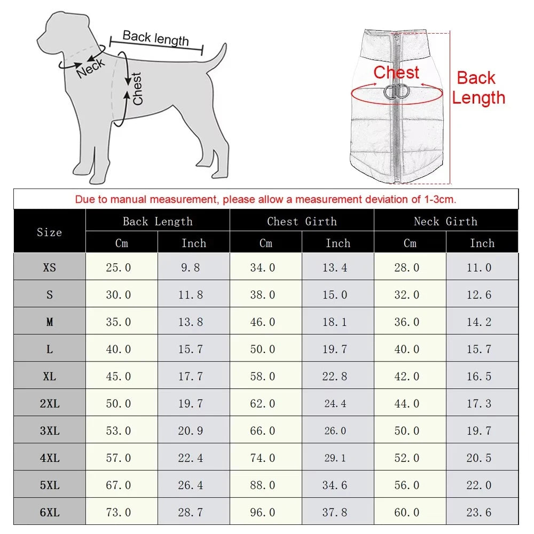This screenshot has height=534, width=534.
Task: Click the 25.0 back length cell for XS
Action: pos(119,268)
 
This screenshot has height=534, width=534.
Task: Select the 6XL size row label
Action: pos(50,513)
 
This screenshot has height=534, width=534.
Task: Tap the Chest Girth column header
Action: pos(302,221)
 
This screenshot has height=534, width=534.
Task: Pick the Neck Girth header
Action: pos(445,221)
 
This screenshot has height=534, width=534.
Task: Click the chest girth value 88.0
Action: pos(263,485)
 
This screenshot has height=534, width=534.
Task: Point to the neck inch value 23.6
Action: pos(479,513)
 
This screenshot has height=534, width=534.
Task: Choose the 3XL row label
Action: pos(50,431)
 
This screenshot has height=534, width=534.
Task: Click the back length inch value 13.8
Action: pos(191,322)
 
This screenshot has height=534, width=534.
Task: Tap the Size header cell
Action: pos(50,232)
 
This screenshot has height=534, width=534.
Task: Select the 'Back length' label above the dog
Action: pos(155,38)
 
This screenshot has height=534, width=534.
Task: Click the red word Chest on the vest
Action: pos(396,72)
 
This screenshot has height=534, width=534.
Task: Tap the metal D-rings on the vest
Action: pos(396,92)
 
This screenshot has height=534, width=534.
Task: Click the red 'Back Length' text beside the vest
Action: pos(477,88)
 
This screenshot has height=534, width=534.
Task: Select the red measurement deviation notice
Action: pos(265,200)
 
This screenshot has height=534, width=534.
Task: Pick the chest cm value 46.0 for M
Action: pos(263,322)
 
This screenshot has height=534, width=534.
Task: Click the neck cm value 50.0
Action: pos(407,431)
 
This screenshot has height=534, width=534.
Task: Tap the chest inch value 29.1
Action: pos(335,458)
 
